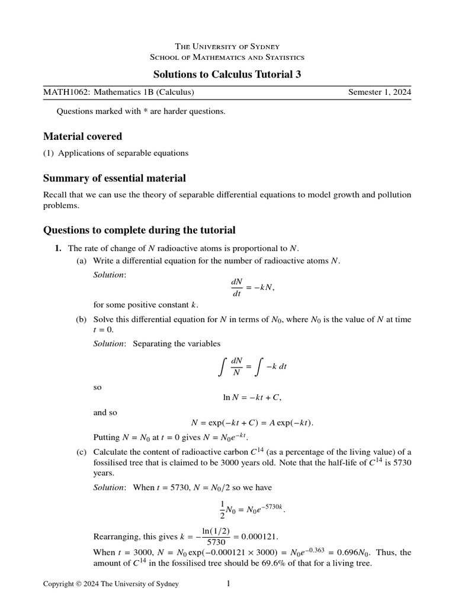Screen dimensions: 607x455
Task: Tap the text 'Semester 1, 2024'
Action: click(x=380, y=92)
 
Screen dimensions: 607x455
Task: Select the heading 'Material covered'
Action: click(x=82, y=136)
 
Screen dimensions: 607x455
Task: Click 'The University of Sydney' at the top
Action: click(x=227, y=46)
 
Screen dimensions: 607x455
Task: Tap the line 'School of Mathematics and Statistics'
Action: click(x=227, y=57)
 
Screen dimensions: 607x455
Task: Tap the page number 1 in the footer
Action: click(x=228, y=584)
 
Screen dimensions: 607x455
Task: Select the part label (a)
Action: click(x=81, y=261)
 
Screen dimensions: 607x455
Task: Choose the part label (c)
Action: click(x=81, y=453)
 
